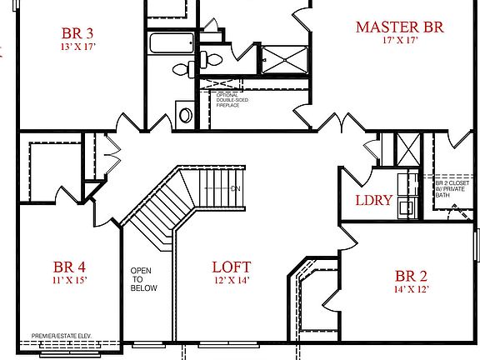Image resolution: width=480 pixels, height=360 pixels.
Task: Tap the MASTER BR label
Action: pos(399,27)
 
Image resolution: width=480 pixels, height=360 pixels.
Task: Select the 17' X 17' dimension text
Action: pos(399,41)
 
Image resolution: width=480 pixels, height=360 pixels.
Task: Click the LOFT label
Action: pos(231,268)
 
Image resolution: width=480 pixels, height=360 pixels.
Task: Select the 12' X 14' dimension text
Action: pos(231,282)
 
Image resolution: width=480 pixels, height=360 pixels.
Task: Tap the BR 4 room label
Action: pos(70,268)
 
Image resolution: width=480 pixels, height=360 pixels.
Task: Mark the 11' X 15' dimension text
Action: pos(70,282)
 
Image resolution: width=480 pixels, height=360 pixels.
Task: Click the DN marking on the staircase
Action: pos(236,187)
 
